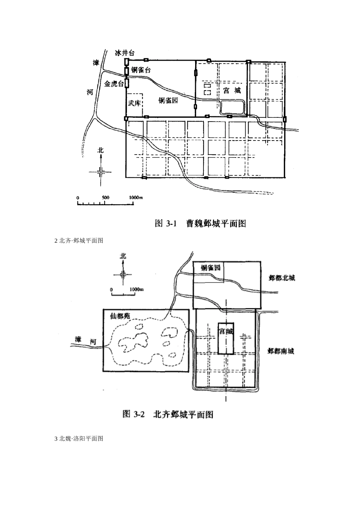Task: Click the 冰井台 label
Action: [125, 53]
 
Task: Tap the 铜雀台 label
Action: [141, 70]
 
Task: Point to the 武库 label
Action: [134, 103]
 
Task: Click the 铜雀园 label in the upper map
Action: [168, 101]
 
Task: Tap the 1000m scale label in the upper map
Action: [135, 198]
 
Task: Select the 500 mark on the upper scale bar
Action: [105, 198]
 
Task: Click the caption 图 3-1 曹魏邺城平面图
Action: [201, 223]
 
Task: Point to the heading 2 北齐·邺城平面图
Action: [79, 240]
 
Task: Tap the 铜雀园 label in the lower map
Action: [211, 268]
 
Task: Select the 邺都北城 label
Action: [282, 278]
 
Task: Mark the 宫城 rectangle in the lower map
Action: [226, 338]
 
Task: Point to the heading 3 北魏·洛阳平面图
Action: [79, 439]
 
